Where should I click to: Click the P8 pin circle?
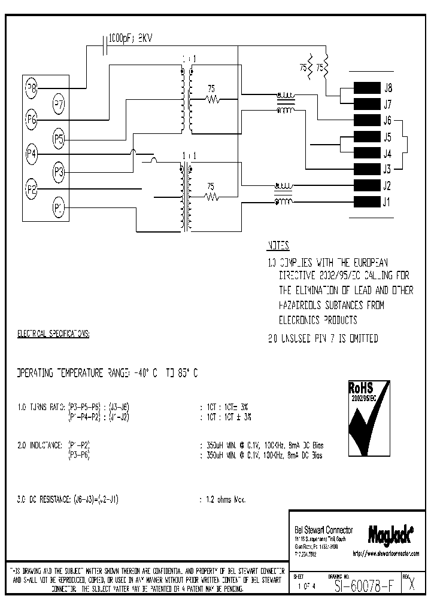click(31, 88)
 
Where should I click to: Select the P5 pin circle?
click(59, 140)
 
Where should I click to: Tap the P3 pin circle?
click(59, 173)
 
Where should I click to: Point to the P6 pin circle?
click(31, 120)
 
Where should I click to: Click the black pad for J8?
click(367, 88)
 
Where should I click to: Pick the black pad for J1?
click(367, 201)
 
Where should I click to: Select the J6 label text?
click(387, 120)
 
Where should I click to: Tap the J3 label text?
click(387, 169)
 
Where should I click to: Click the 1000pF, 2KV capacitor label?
click(131, 38)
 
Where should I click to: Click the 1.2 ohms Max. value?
click(221, 499)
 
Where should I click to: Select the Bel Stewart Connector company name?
click(324, 530)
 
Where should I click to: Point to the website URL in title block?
click(386, 554)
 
